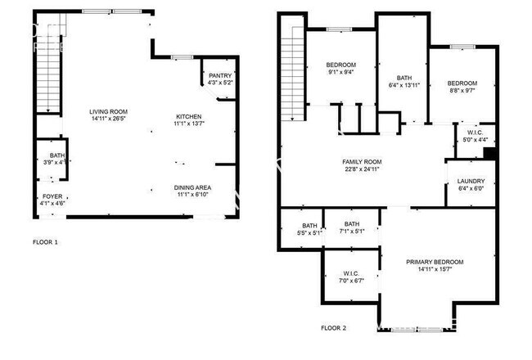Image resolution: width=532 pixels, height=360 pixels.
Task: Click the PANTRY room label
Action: coord(220,79)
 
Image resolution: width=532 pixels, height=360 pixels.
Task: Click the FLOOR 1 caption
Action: coord(45,242)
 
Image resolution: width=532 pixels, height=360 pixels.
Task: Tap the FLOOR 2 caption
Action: coord(333,328)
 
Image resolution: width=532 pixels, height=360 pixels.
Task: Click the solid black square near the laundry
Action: coord(489,152)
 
